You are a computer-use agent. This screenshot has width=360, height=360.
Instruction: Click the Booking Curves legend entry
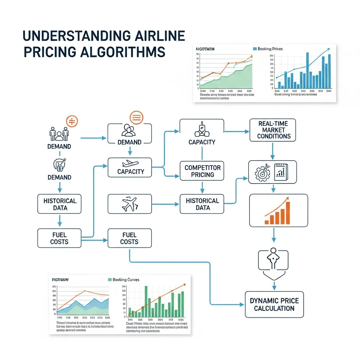[123, 279]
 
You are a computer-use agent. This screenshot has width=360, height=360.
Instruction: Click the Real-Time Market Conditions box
[272, 130]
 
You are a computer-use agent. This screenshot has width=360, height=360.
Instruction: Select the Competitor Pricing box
[202, 171]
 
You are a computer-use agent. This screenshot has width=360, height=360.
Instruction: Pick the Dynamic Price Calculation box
[274, 304]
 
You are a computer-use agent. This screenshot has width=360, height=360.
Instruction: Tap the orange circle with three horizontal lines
[136, 117]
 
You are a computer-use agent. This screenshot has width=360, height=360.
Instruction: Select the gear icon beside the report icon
[262, 173]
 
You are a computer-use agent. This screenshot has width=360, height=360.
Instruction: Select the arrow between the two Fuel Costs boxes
[95, 240]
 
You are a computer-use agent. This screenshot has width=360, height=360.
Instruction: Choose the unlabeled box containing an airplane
[129, 204]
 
